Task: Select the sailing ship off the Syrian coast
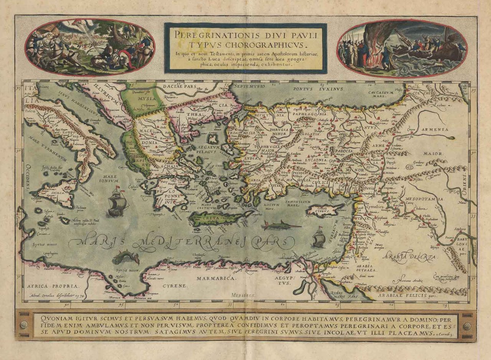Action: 319,237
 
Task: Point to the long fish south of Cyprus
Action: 282,225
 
